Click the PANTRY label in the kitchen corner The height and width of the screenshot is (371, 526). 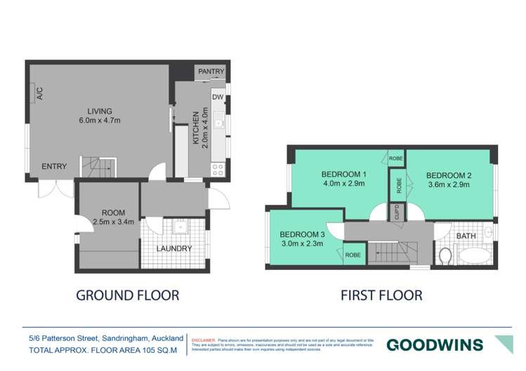(x=211, y=72)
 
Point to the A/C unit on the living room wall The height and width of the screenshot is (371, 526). (x=40, y=93)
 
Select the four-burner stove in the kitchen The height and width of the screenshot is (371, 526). (x=218, y=169)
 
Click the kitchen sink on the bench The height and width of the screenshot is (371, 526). (x=218, y=116)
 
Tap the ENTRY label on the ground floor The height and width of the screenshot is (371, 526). (x=54, y=166)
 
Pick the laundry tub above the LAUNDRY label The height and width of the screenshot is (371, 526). (x=178, y=227)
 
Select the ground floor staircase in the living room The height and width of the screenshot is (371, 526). (x=99, y=168)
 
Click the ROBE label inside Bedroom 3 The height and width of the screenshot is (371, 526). (x=353, y=255)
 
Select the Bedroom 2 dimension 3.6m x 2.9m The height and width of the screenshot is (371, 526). (x=447, y=185)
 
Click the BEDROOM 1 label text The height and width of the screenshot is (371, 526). (x=343, y=175)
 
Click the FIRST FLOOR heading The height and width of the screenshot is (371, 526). (x=381, y=295)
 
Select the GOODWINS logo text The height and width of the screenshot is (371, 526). (x=435, y=345)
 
